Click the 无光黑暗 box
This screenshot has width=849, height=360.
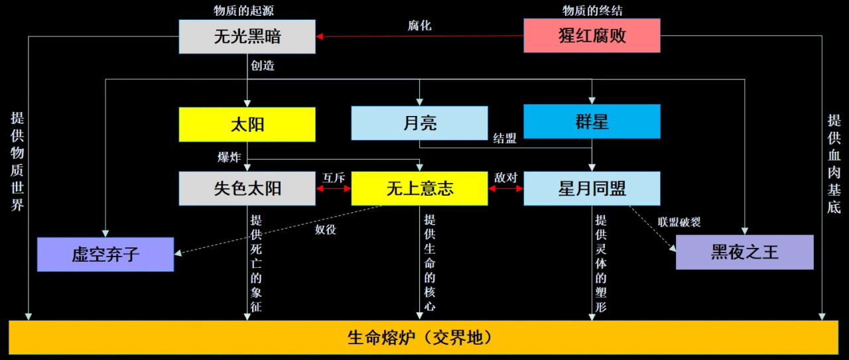coord(247,36)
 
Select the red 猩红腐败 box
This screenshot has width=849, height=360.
coord(592,35)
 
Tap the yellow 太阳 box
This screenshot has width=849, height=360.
coord(247,124)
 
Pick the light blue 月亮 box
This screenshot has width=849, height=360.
coord(419,123)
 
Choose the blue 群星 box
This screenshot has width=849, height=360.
coord(592,121)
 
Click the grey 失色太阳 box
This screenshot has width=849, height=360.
coord(247,188)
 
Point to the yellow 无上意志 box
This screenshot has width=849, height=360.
coord(419,188)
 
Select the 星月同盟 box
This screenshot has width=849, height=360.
coord(592,188)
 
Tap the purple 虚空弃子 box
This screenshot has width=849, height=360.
coord(105,254)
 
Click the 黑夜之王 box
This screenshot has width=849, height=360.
coord(744,252)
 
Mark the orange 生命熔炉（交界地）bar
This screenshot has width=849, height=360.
coord(423,337)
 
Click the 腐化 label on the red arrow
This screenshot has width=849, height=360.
coord(420,26)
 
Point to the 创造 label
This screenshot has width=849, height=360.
coord(263,66)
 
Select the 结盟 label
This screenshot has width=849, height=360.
coord(505,139)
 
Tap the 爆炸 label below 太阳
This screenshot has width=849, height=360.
coord(229,157)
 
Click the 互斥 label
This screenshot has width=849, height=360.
coord(333,178)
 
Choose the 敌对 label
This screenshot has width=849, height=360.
coord(505,178)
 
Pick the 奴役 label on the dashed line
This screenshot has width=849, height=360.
coord(326,230)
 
